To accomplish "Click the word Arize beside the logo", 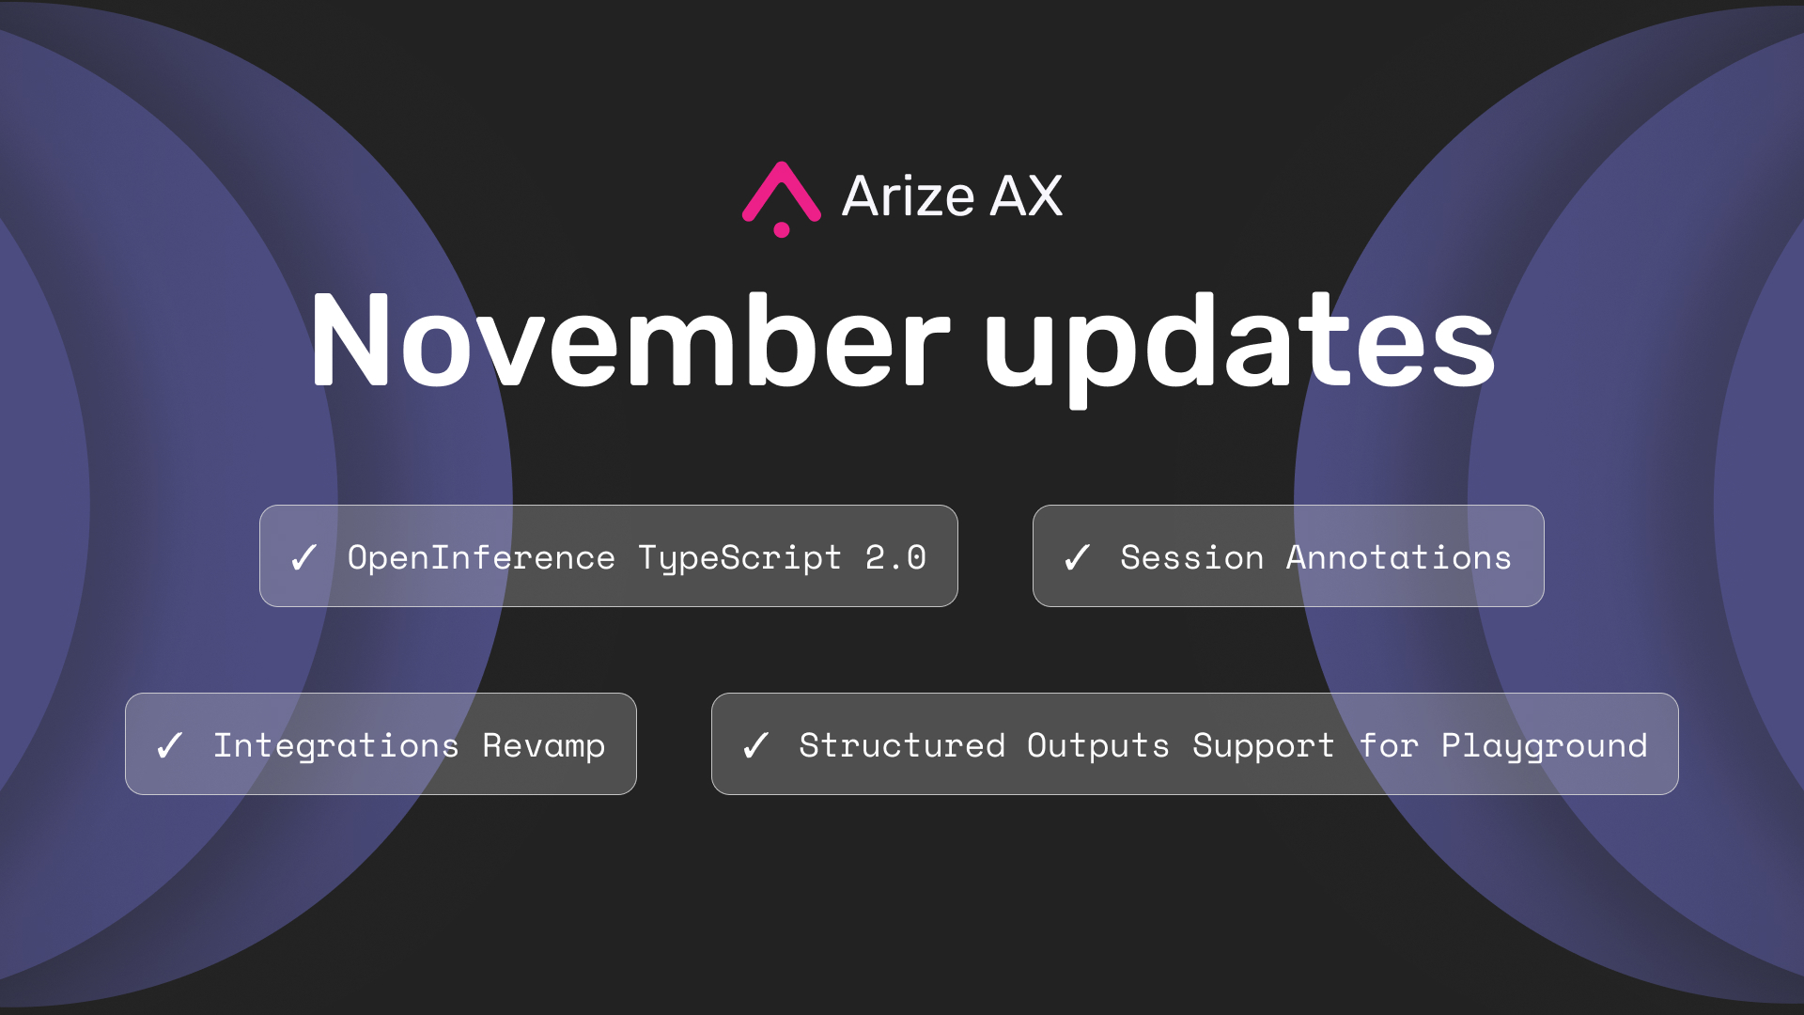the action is tap(909, 196).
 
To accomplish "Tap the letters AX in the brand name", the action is tap(1026, 196).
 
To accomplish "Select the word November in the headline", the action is tap(630, 339).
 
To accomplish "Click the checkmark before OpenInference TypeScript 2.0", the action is tap(304, 557).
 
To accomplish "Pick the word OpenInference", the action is tap(481, 558).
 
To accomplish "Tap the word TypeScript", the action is tap(739, 558).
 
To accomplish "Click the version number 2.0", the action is tap(895, 558).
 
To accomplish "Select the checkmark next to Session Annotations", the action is tap(1078, 557).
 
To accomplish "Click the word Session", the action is tap(1192, 558).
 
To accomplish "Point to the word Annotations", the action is tap(1399, 558).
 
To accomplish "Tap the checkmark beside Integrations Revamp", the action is tap(170, 745).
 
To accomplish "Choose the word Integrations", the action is tap(336, 746).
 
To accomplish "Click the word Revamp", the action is tap(544, 746).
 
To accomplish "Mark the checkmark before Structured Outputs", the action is tap(756, 745).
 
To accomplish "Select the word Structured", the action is tap(902, 746).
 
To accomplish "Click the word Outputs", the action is tap(1098, 746).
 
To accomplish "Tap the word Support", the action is tap(1264, 746).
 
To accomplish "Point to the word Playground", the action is tap(1545, 746).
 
